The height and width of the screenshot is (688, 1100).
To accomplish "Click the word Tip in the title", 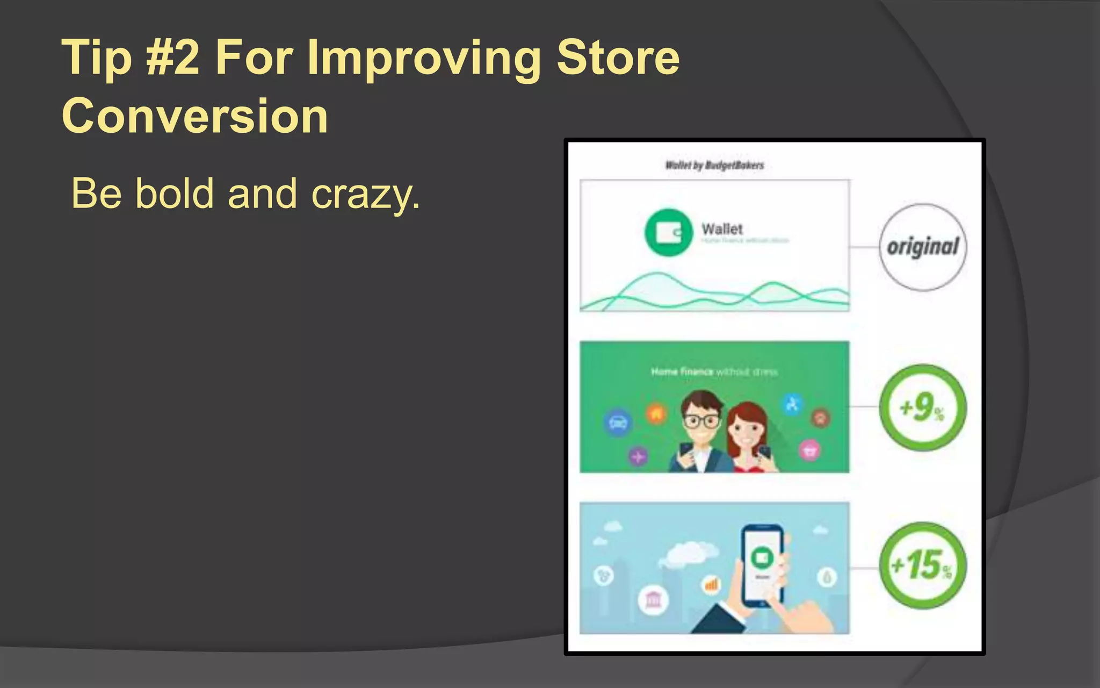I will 97,58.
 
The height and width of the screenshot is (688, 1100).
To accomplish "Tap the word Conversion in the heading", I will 195,116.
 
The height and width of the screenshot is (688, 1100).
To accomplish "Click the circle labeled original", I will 922,247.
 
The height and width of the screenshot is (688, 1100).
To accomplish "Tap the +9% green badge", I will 922,407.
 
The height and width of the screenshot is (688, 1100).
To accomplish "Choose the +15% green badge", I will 922,565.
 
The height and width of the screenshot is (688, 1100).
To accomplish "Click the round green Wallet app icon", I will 669,232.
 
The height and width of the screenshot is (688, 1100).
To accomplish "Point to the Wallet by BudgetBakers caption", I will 714,165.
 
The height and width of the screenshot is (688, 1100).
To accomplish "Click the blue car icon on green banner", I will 618,422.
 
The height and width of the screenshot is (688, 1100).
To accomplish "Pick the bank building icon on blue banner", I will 653,599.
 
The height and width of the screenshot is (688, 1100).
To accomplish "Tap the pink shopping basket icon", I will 810,450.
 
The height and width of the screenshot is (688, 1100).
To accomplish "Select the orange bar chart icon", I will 711,584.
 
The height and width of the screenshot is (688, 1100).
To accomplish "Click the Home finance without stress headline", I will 714,371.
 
